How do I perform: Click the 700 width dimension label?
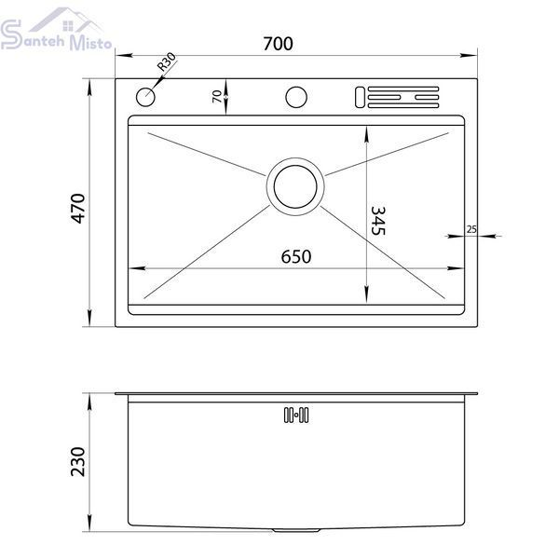coord(278,44)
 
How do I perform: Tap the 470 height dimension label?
coord(78,209)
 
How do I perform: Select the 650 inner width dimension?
coord(296,257)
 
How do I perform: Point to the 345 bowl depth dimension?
coord(378,221)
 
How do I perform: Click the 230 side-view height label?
coord(78,462)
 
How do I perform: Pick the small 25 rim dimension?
coord(471,229)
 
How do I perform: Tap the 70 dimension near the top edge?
coord(217,96)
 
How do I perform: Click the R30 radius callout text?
coord(167,61)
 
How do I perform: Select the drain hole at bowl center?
coord(295,186)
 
